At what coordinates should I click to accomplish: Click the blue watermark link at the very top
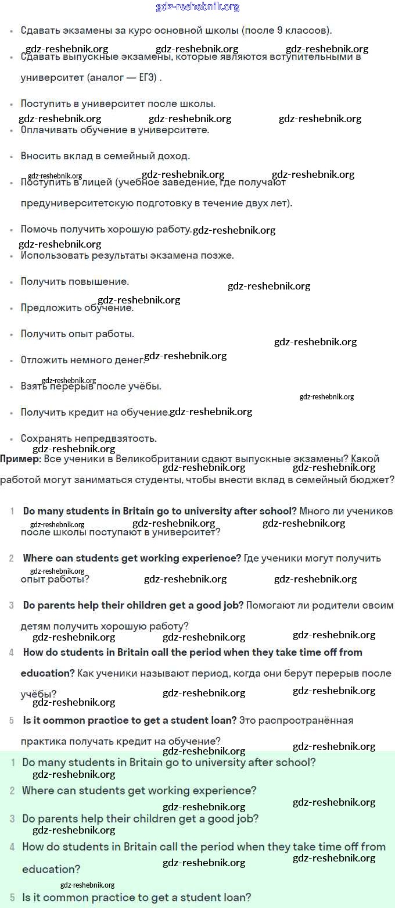[x=198, y=7]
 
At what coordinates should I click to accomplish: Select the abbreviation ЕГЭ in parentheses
[x=147, y=77]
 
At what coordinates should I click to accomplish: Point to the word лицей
[x=98, y=183]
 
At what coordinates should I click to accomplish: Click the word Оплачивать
[x=48, y=130]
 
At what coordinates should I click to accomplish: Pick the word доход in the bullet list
[x=174, y=156]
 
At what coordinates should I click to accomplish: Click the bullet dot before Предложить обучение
[x=12, y=308]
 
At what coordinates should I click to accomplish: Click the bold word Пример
[x=19, y=459]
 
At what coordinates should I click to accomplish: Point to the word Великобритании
[x=153, y=459]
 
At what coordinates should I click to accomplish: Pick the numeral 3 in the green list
[x=12, y=818]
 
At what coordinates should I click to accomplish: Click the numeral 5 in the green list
[x=12, y=898]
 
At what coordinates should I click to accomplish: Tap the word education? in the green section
[x=51, y=869]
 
